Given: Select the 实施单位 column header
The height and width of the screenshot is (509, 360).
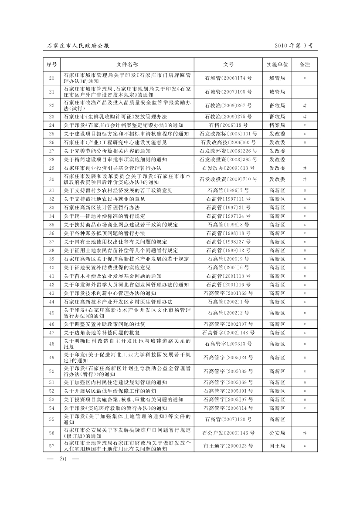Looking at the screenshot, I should tap(277, 64).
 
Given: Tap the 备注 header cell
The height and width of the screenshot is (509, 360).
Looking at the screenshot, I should tap(305, 64).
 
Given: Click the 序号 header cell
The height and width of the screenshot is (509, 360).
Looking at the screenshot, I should tap(52, 64).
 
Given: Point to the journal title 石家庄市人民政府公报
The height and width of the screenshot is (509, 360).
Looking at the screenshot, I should tap(78, 45).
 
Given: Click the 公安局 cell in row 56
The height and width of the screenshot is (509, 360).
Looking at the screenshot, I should tap(277, 433).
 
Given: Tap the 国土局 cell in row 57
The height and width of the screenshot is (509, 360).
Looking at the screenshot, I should tap(277, 446).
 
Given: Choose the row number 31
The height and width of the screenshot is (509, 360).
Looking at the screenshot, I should tap(52, 191).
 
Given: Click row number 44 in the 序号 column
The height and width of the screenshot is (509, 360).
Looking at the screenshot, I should tap(52, 302).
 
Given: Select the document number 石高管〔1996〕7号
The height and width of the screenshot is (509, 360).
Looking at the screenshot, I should tap(228, 191).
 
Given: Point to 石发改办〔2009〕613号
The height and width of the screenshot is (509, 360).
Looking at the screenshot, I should tap(228, 168).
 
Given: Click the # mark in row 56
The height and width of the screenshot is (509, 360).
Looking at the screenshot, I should tap(305, 433).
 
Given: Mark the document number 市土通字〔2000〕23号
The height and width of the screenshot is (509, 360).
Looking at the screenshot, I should tap(228, 446).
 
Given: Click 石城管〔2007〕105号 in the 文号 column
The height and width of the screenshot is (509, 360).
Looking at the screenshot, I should tap(228, 92).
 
